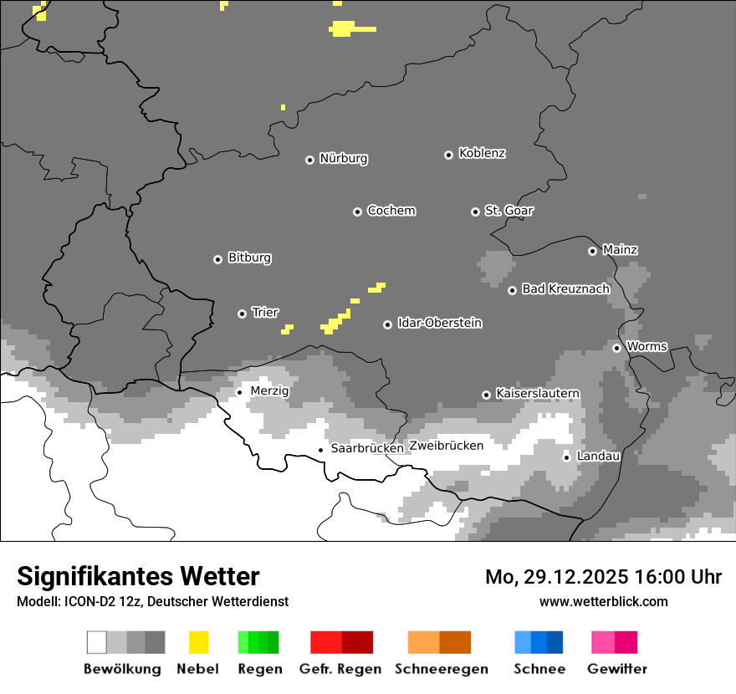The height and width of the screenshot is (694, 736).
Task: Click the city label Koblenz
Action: [x=482, y=154]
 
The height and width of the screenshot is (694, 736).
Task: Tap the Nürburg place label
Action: [x=343, y=159]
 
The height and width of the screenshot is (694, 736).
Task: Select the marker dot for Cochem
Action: [x=357, y=212]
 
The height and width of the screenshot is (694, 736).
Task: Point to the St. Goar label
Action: [x=509, y=211]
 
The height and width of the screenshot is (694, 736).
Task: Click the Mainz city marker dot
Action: [x=592, y=251]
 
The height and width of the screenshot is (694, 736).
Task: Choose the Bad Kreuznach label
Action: [x=565, y=289]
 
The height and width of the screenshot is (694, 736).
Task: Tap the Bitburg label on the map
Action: [x=249, y=258]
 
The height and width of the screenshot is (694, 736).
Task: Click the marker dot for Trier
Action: [x=242, y=314]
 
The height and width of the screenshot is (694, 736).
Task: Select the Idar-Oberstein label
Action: [x=439, y=324]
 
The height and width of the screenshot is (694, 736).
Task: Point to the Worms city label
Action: [x=646, y=347]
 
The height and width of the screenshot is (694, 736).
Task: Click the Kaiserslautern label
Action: [x=537, y=394]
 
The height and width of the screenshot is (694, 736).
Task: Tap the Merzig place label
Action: [x=269, y=391]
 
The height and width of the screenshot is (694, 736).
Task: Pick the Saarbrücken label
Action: [x=367, y=449]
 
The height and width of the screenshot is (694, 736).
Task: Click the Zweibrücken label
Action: [x=446, y=447]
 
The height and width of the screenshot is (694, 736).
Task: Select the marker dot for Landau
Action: [x=566, y=457]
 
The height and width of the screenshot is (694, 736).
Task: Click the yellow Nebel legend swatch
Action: [x=198, y=642]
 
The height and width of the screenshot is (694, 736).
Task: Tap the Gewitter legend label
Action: [x=617, y=670]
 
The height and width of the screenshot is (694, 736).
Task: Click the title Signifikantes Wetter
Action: [x=138, y=577]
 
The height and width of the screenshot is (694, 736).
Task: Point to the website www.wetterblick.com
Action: [x=603, y=602]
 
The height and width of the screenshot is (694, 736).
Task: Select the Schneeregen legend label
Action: [x=441, y=670]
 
